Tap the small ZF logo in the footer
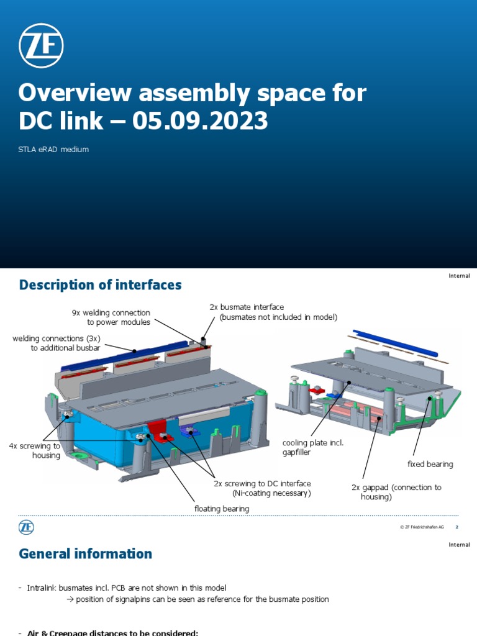pyautogui.click(x=26, y=527)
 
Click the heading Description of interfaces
pyautogui.click(x=100, y=285)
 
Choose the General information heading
pyautogui.click(x=85, y=553)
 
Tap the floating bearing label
pyautogui.click(x=221, y=509)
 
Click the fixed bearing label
pyautogui.click(x=430, y=464)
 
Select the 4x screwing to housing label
pyautogui.click(x=35, y=450)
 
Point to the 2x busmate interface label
pyautogui.click(x=247, y=307)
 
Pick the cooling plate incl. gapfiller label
pyautogui.click(x=312, y=447)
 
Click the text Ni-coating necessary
pyautogui.click(x=271, y=493)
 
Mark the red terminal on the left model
pyautogui.click(x=158, y=430)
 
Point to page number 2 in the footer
pyautogui.click(x=457, y=527)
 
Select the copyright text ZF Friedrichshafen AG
pyautogui.click(x=422, y=527)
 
